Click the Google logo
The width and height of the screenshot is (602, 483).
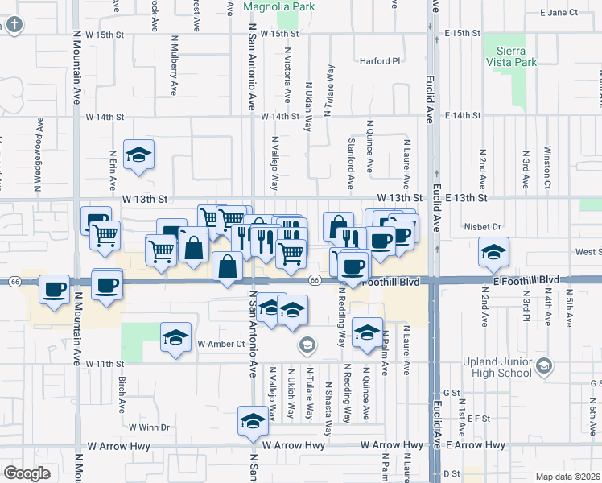coord(27,473)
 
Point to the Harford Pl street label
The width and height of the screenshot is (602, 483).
coord(379,60)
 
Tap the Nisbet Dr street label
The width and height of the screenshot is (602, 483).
coord(483,227)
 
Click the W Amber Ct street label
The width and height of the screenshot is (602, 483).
coord(221,344)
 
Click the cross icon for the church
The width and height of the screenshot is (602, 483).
coord(13,25)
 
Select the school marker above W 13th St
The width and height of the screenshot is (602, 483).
coord(139,155)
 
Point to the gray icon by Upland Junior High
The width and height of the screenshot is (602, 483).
coord(543,367)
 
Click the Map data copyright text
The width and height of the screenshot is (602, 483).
coord(567,477)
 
